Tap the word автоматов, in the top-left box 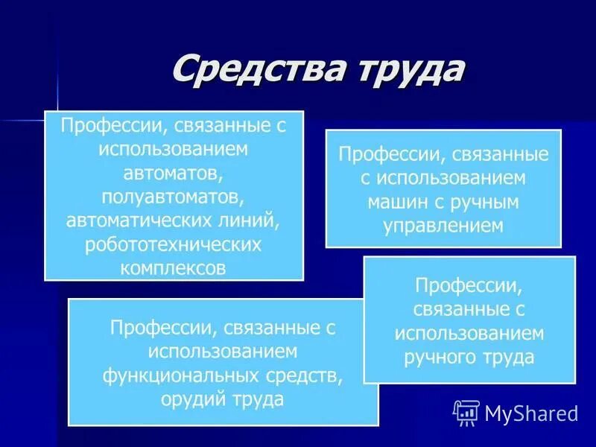[x=174, y=174]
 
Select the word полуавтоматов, [x=174, y=197]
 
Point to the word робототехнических [x=174, y=244]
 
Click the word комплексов [x=173, y=267]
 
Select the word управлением [x=443, y=225]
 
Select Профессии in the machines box [x=384, y=156]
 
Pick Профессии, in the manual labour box [x=469, y=285]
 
